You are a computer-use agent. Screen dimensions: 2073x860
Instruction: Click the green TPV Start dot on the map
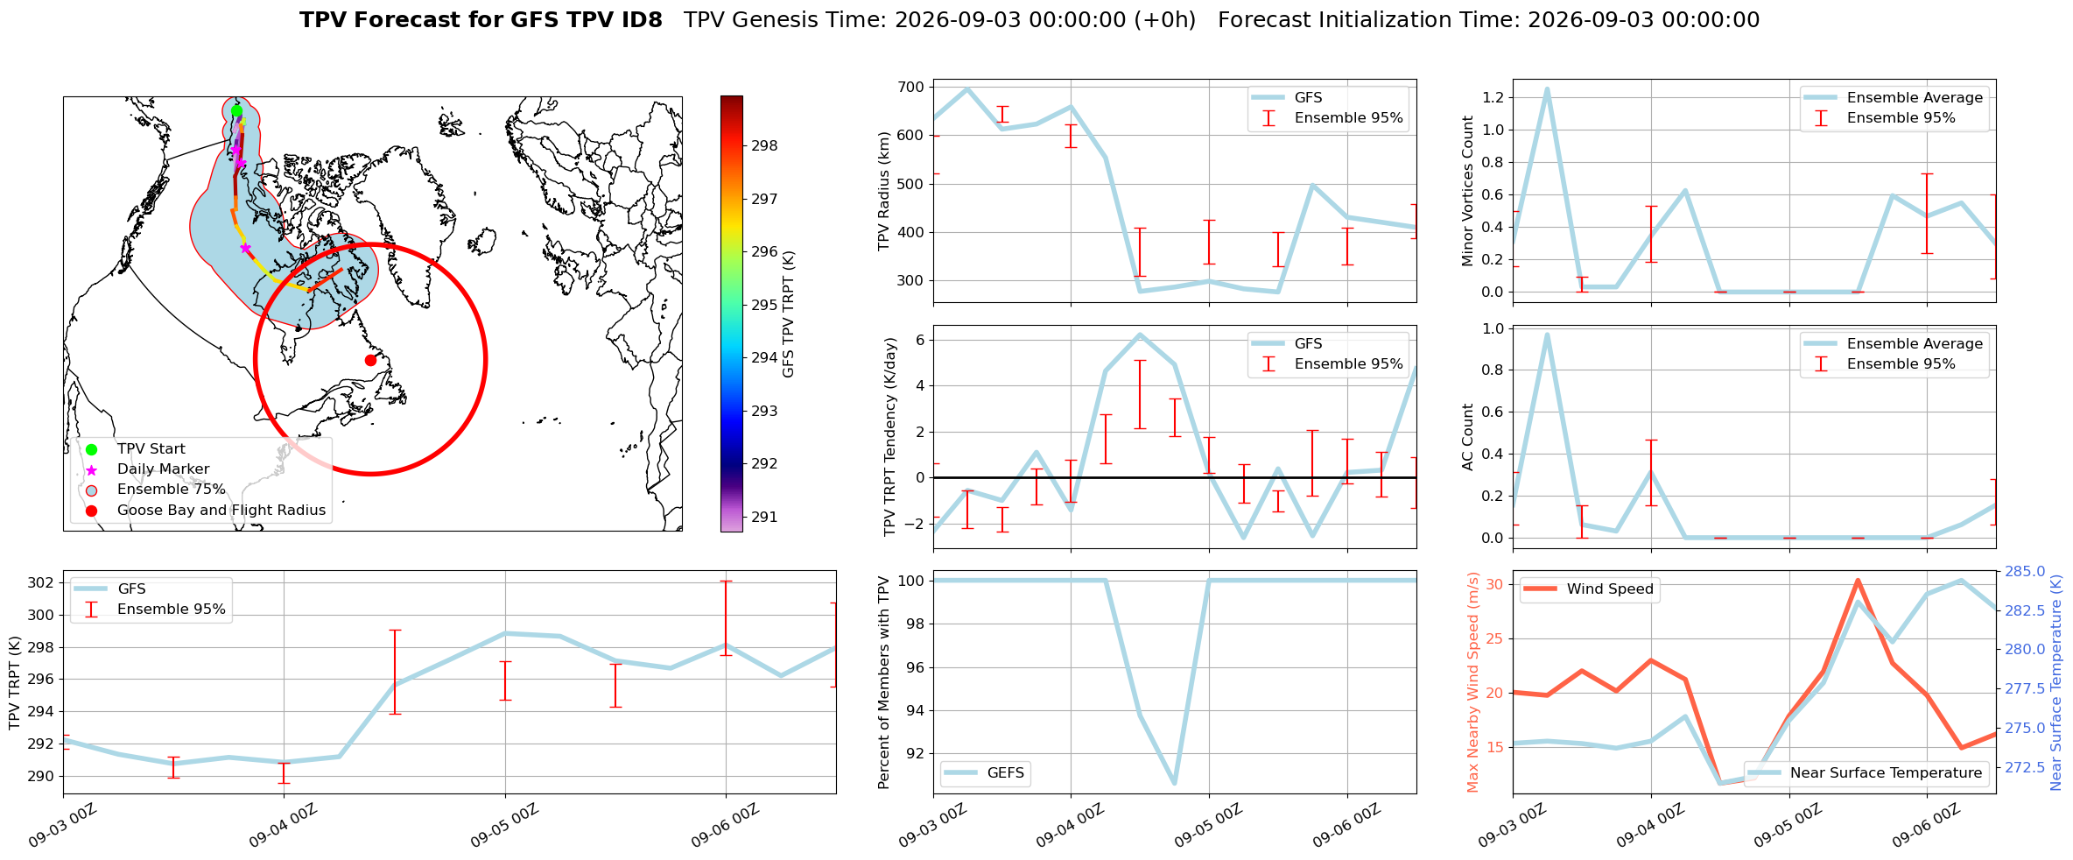[x=236, y=111]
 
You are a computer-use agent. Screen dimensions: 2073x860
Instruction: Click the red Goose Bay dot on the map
[x=370, y=360]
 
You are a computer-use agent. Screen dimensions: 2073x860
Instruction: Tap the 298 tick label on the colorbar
[x=764, y=145]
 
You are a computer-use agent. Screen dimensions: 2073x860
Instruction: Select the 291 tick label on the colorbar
[x=764, y=517]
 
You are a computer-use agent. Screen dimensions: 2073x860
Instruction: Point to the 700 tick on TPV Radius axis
[x=911, y=87]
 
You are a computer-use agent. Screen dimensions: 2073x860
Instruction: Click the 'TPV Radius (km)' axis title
[x=884, y=191]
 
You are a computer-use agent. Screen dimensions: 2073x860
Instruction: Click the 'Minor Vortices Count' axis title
[x=1468, y=191]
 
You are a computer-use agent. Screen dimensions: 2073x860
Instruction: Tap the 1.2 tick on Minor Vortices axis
[x=1493, y=97]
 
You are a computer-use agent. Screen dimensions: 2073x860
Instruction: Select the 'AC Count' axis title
[x=1468, y=437]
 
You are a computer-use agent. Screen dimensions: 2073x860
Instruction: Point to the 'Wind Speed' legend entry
[x=1590, y=589]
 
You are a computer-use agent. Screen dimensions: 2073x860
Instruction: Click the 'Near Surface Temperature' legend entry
[x=1866, y=772]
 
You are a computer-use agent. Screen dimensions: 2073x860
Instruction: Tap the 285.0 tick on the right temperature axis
[x=2025, y=572]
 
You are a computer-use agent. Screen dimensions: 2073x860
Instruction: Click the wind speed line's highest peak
[x=1858, y=580]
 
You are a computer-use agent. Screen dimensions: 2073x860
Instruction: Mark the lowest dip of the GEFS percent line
[x=1174, y=783]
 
